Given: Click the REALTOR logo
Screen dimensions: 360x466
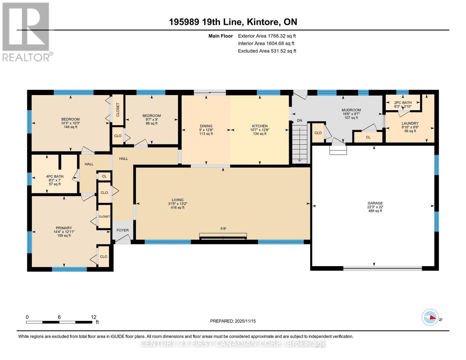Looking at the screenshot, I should (26, 31).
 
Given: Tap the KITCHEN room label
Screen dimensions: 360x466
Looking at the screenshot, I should (260, 126).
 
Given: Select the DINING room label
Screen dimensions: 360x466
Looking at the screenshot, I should (206, 126).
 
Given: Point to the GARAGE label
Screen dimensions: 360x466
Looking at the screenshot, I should (375, 203).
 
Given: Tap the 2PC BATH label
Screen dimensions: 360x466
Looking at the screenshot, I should (403, 103).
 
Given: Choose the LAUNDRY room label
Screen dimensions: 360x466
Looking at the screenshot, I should (410, 123).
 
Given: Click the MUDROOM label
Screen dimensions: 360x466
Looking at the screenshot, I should (351, 110).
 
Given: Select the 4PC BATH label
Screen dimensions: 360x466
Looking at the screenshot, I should (55, 176).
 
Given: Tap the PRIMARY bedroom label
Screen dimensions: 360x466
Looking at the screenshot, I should (64, 228).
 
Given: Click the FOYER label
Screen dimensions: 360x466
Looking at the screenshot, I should (122, 230).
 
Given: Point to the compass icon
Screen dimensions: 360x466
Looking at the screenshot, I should (430, 317).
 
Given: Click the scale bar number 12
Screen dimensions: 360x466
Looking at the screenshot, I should (94, 317).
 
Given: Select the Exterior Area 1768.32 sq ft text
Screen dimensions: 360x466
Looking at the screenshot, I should (267, 36).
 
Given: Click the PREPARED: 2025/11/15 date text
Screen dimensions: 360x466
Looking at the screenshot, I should (233, 321).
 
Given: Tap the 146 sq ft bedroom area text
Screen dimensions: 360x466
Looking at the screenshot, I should (71, 127).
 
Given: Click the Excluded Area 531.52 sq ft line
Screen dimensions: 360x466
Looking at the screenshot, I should (267, 51).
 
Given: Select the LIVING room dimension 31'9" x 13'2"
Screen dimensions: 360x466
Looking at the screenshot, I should (178, 204).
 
